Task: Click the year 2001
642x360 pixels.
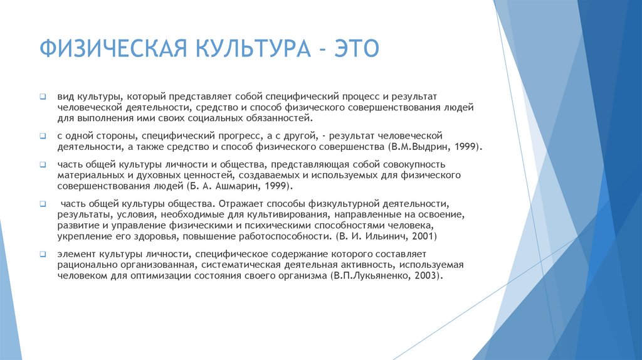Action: [x=416, y=238]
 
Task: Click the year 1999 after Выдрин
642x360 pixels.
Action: [x=468, y=146]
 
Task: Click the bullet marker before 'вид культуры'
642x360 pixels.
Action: [x=43, y=98]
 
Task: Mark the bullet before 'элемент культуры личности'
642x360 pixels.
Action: [x=43, y=255]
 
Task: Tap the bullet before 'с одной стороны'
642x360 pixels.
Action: [x=43, y=136]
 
